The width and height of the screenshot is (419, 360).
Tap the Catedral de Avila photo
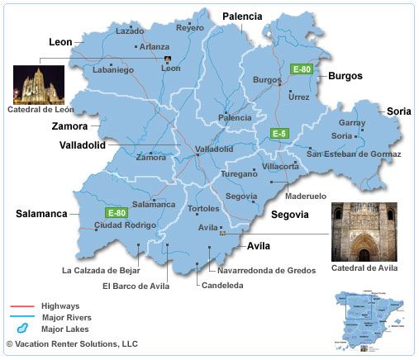(364, 232)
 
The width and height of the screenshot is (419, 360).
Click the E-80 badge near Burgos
(302, 69)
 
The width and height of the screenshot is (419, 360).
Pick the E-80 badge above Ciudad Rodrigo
(116, 212)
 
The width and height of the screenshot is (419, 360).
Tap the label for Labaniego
(113, 92)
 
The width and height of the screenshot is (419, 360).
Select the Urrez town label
(299, 97)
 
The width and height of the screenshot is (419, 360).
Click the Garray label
(352, 122)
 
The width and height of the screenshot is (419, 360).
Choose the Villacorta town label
(280, 166)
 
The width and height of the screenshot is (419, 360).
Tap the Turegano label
(239, 174)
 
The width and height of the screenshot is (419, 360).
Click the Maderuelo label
(305, 196)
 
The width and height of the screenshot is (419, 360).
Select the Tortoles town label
(203, 208)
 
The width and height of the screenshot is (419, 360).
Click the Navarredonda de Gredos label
(268, 269)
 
